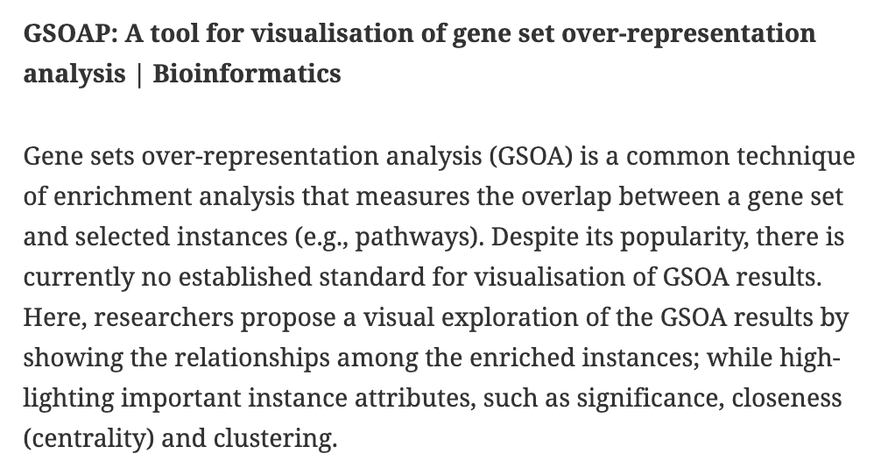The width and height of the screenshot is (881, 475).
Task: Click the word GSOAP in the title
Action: (69, 33)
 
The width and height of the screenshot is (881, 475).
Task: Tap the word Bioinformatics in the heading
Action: (247, 73)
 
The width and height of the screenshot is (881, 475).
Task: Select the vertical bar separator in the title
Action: (139, 73)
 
